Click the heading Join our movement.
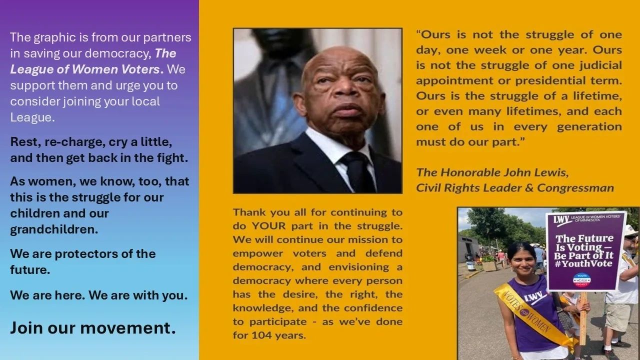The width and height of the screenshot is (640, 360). (x=93, y=327)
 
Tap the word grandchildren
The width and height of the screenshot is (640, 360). (x=54, y=229)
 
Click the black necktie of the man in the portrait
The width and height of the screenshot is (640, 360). (x=358, y=171)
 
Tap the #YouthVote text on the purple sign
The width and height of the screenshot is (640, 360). (x=583, y=263)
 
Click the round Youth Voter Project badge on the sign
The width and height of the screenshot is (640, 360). (x=581, y=280)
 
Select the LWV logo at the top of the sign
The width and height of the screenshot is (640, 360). (x=561, y=220)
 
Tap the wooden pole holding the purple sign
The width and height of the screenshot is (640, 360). (x=583, y=317)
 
